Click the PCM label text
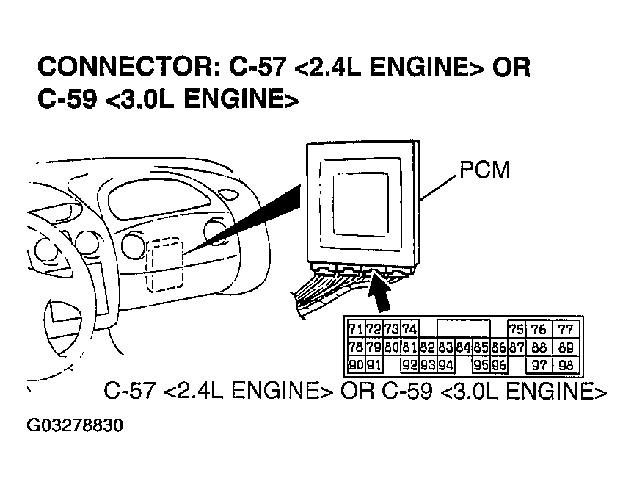[484, 170]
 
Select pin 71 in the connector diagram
[355, 329]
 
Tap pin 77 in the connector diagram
[565, 329]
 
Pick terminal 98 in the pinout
[565, 365]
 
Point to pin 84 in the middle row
[462, 347]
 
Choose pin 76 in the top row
[539, 329]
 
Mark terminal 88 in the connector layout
[539, 347]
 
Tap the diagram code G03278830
[75, 426]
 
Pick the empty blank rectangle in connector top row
[463, 329]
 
